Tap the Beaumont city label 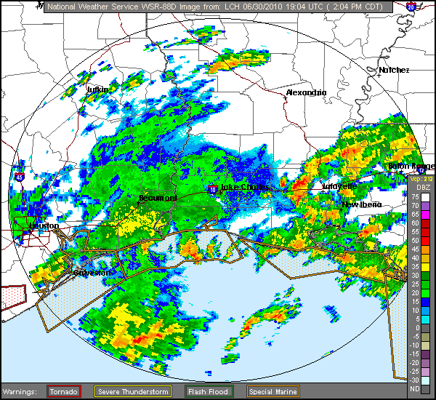pos(158,198)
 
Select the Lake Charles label pos(244,187)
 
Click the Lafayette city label pos(339,186)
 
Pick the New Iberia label pos(362,204)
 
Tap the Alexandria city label pos(306,92)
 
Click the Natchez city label pos(394,70)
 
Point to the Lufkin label pos(97,89)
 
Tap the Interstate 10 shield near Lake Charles pos(212,188)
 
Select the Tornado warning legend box pos(64,391)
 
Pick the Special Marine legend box pos(272,391)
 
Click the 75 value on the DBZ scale pos(414,197)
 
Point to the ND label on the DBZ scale pos(414,388)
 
